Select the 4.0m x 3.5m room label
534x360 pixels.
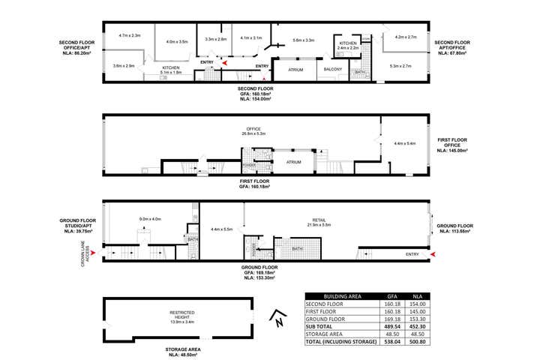pos(177,42)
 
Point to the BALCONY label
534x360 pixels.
pos(333,70)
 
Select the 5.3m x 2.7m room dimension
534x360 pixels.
pos(400,67)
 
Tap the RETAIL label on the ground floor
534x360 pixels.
pos(319,220)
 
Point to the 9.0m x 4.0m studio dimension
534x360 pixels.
pos(150,219)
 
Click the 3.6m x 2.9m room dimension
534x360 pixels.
pos(124,66)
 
